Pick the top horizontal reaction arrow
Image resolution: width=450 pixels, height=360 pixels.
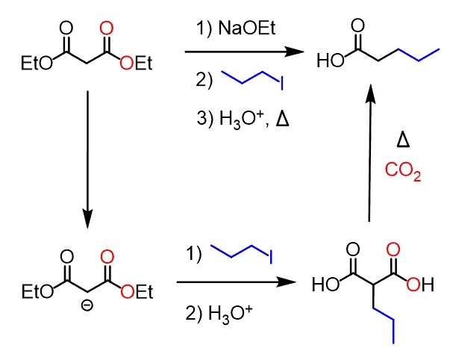click(246, 52)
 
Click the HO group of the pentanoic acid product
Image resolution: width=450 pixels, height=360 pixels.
click(327, 59)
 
